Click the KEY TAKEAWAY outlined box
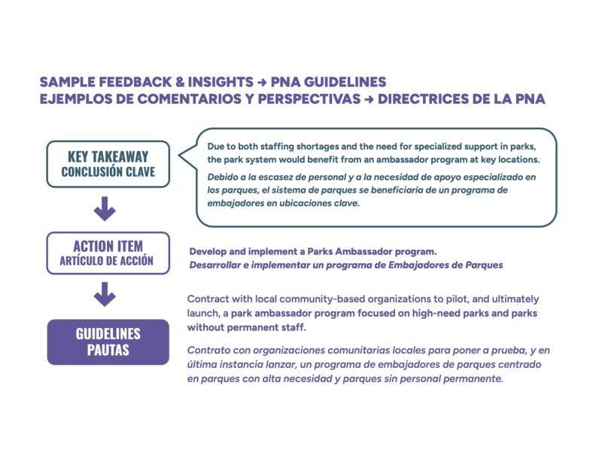(x=108, y=164)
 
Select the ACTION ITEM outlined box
(x=108, y=253)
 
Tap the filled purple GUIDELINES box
(x=108, y=342)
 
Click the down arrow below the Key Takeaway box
(x=105, y=208)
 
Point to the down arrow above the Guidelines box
(x=105, y=295)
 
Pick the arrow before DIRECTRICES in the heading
(x=369, y=99)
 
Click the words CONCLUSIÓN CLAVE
(x=108, y=172)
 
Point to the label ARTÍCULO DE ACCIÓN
(x=108, y=261)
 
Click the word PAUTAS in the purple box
(x=108, y=351)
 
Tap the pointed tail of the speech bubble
(x=183, y=156)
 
